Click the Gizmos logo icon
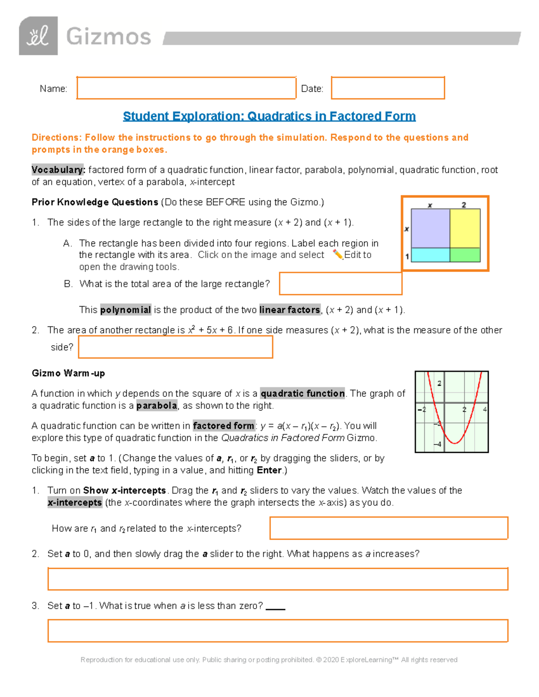tap(38, 36)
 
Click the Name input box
tap(186, 88)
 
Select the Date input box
tap(388, 88)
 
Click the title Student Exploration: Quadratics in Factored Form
tap(269, 116)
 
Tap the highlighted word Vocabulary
tap(57, 170)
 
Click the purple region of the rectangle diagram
tap(430, 228)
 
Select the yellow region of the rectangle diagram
tap(465, 228)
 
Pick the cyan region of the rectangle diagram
tap(430, 255)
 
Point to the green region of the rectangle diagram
tap(465, 255)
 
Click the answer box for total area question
tap(340, 284)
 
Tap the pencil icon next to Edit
tap(338, 254)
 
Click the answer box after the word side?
tap(176, 347)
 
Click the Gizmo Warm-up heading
tap(68, 373)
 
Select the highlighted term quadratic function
tap(303, 394)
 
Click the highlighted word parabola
tap(157, 406)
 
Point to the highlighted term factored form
tap(224, 426)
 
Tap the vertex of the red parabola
tap(455, 443)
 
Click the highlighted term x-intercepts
tap(75, 503)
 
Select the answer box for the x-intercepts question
tap(389, 528)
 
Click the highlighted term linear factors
tap(290, 310)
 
